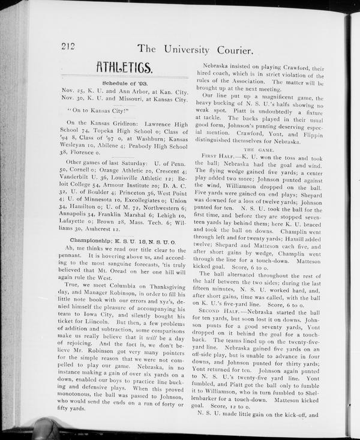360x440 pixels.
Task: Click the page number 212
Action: click(x=71, y=46)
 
